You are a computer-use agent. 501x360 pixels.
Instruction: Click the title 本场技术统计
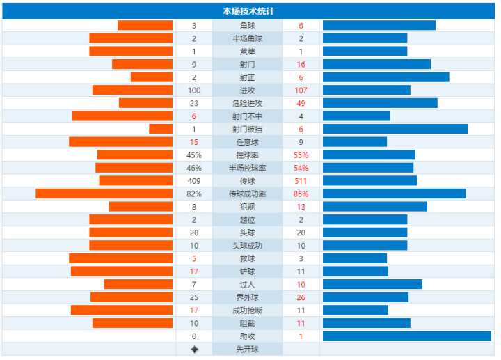(248, 11)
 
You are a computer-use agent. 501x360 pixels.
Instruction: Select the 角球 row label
(248, 26)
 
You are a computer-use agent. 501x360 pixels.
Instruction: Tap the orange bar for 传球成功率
(104, 194)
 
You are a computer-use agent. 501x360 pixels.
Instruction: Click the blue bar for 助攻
(407, 336)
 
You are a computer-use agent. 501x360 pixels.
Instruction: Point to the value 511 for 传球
(301, 180)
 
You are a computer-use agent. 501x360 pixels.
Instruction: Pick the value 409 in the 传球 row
(194, 180)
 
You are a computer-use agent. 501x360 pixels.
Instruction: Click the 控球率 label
(248, 155)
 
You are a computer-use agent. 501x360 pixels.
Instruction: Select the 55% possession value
(301, 155)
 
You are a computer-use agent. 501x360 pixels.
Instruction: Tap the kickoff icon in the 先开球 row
(194, 349)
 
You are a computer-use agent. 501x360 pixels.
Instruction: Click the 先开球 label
(248, 349)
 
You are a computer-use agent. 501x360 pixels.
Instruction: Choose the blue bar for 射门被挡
(395, 129)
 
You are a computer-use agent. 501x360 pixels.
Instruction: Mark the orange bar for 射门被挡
(161, 129)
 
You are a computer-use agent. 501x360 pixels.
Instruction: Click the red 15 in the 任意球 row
(194, 142)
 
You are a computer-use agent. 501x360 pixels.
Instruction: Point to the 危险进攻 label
(248, 103)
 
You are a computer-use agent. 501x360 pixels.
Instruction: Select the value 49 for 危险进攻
(301, 103)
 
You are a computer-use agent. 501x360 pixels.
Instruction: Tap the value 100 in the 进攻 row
(194, 91)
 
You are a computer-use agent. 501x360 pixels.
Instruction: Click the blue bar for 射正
(386, 77)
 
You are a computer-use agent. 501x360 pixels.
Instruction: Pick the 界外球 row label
(248, 297)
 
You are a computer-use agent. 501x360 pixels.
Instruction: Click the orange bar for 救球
(121, 258)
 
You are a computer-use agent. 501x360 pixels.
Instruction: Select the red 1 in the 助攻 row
(301, 336)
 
